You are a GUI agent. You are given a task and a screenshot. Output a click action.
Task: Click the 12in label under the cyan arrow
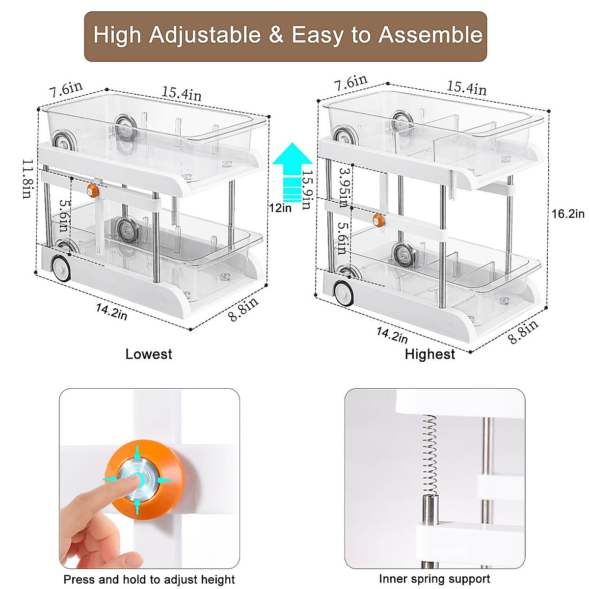coord(280,208)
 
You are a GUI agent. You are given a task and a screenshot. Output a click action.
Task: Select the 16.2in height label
coord(568,214)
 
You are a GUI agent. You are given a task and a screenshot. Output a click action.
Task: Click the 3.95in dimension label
coord(343,187)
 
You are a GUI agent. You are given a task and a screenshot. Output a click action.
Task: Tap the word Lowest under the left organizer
coord(149,354)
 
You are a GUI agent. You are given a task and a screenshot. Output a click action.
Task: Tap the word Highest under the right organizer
coord(430,354)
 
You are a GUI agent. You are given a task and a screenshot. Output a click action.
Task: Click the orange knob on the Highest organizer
coord(378,220)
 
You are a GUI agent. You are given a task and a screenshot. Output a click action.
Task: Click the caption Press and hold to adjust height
coord(149,580)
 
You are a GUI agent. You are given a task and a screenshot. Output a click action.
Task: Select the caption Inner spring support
coord(434,579)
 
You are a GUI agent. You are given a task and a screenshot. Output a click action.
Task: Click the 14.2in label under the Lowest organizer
coord(111,311)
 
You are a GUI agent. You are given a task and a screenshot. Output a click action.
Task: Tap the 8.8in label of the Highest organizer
coord(523,332)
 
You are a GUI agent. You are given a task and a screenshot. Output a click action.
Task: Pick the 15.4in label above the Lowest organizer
coord(182,93)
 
